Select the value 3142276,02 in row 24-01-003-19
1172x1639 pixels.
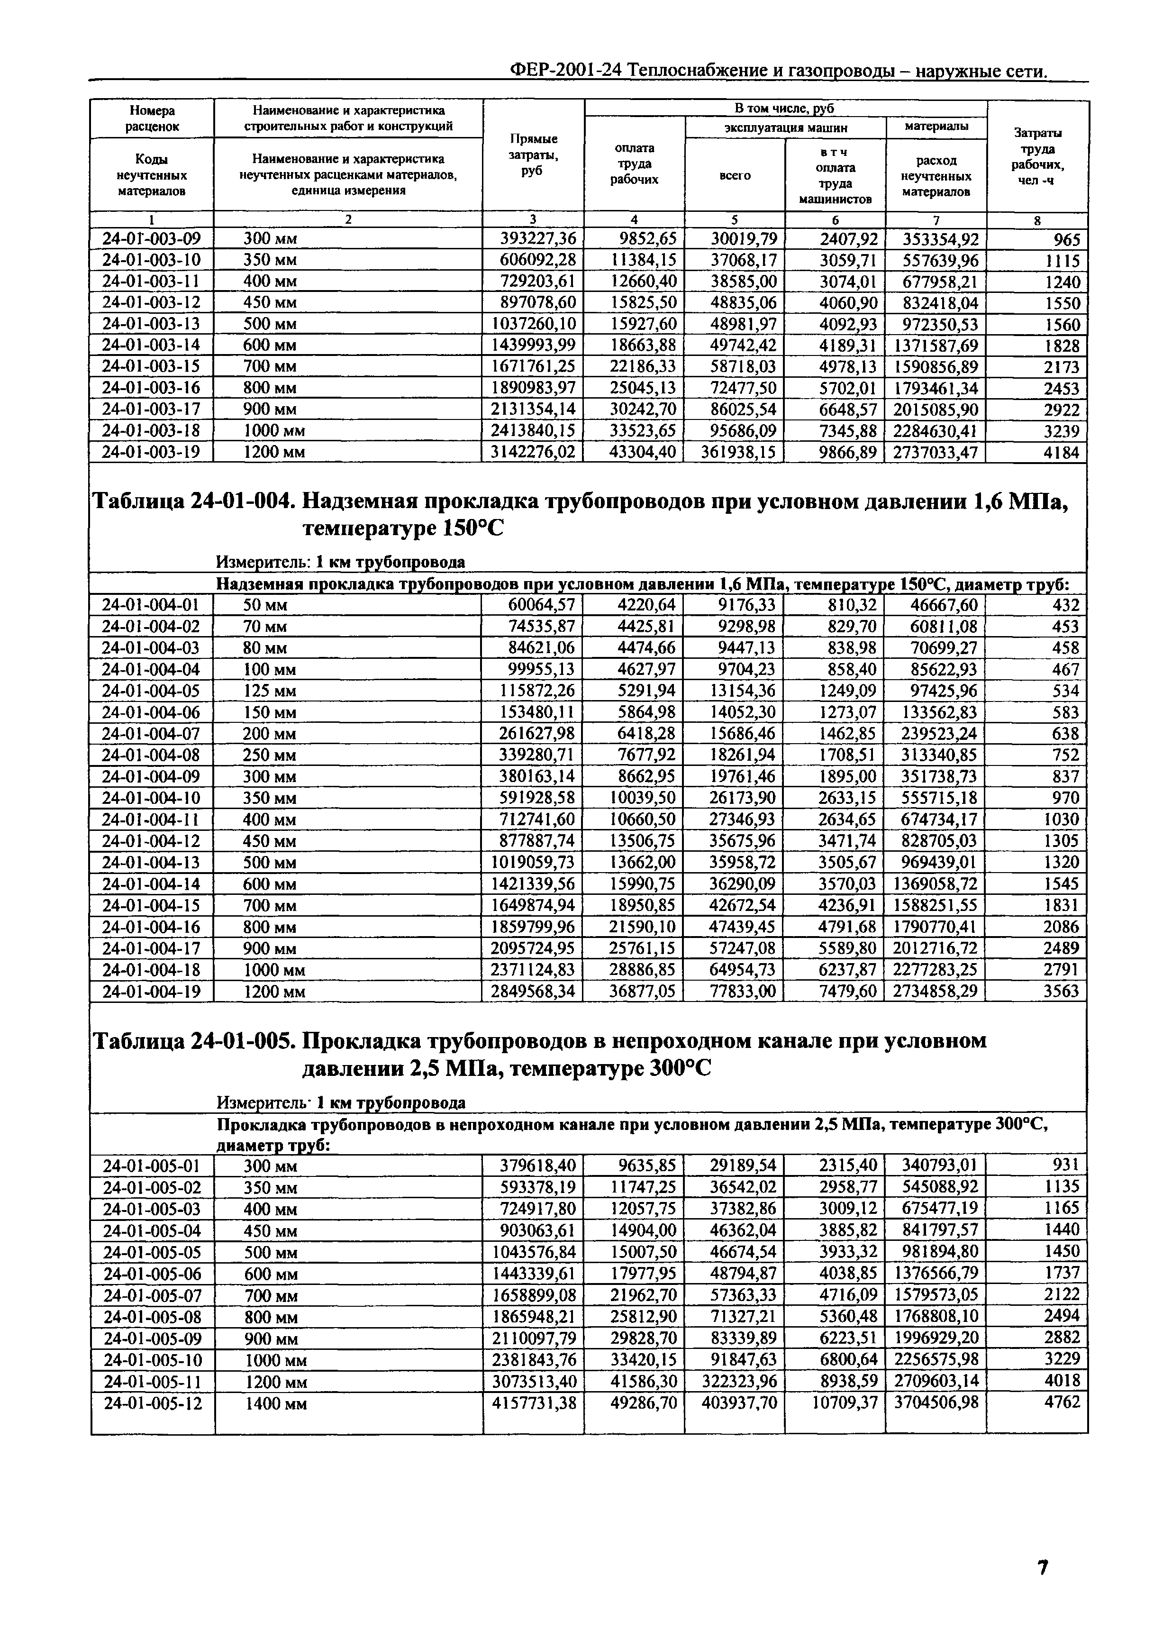click(x=533, y=453)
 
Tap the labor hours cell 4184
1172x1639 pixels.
click(x=1061, y=453)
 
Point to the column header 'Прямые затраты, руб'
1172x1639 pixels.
click(x=533, y=155)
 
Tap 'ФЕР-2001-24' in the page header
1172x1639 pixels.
click(x=566, y=71)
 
